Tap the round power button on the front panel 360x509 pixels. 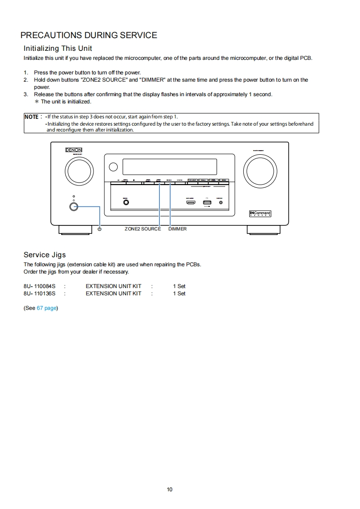click(x=74, y=206)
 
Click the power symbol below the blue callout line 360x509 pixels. click(x=99, y=229)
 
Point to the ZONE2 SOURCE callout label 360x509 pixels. click(x=143, y=229)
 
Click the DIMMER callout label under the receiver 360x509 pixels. click(x=178, y=229)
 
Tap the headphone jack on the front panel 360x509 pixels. click(x=126, y=202)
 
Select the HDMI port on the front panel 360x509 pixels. click(x=190, y=202)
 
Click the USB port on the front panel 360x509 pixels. click(x=207, y=202)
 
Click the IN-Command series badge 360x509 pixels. click(x=260, y=213)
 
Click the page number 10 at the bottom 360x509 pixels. click(x=169, y=489)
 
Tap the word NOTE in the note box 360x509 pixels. click(x=31, y=117)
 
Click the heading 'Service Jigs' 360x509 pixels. click(x=44, y=254)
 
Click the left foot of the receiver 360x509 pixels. click(x=72, y=230)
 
